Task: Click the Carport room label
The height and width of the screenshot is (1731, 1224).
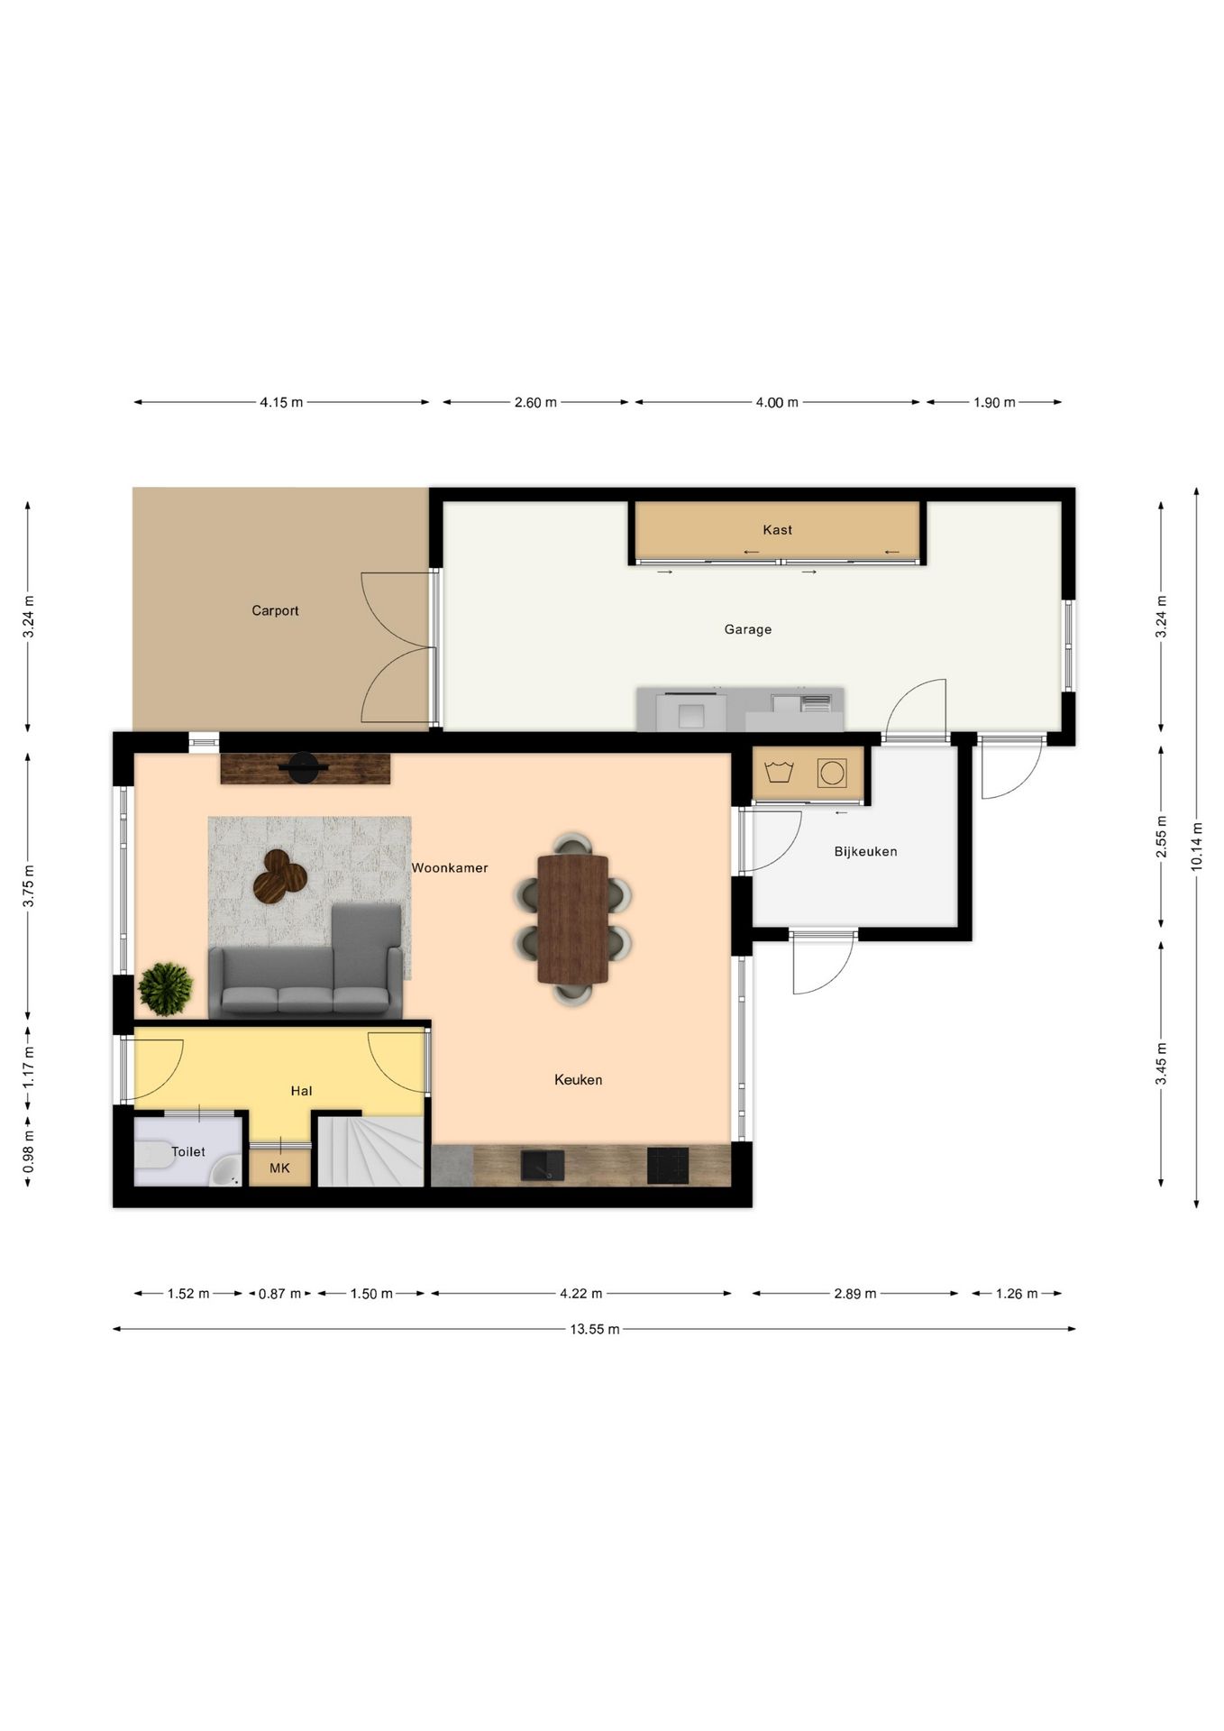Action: pos(275,610)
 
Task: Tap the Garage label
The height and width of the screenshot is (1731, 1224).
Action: pos(748,629)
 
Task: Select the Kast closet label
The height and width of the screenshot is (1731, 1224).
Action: pos(777,530)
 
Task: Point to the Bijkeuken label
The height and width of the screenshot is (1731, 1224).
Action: pos(865,851)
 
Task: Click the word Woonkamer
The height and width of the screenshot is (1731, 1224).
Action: pos(450,868)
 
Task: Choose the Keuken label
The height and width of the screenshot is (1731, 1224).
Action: pos(578,1079)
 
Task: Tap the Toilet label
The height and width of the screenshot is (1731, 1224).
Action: pos(188,1151)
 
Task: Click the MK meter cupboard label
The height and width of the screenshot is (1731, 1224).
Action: pos(279,1168)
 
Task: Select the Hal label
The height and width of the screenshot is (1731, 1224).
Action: pos(301,1091)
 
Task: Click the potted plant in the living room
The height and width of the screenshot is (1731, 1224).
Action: pos(166,989)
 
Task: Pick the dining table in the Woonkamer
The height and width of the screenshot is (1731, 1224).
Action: pos(572,919)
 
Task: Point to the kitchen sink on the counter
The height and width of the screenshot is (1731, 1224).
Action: pos(543,1165)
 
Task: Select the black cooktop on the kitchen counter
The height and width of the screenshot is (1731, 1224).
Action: pos(668,1165)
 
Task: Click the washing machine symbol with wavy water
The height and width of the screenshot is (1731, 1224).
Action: pos(778,773)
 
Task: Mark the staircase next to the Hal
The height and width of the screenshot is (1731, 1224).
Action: pos(370,1151)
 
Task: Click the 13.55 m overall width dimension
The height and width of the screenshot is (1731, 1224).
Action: pos(594,1329)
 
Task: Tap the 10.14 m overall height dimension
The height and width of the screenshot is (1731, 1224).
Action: pos(1196,847)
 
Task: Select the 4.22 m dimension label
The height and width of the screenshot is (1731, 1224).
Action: pos(580,1294)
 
